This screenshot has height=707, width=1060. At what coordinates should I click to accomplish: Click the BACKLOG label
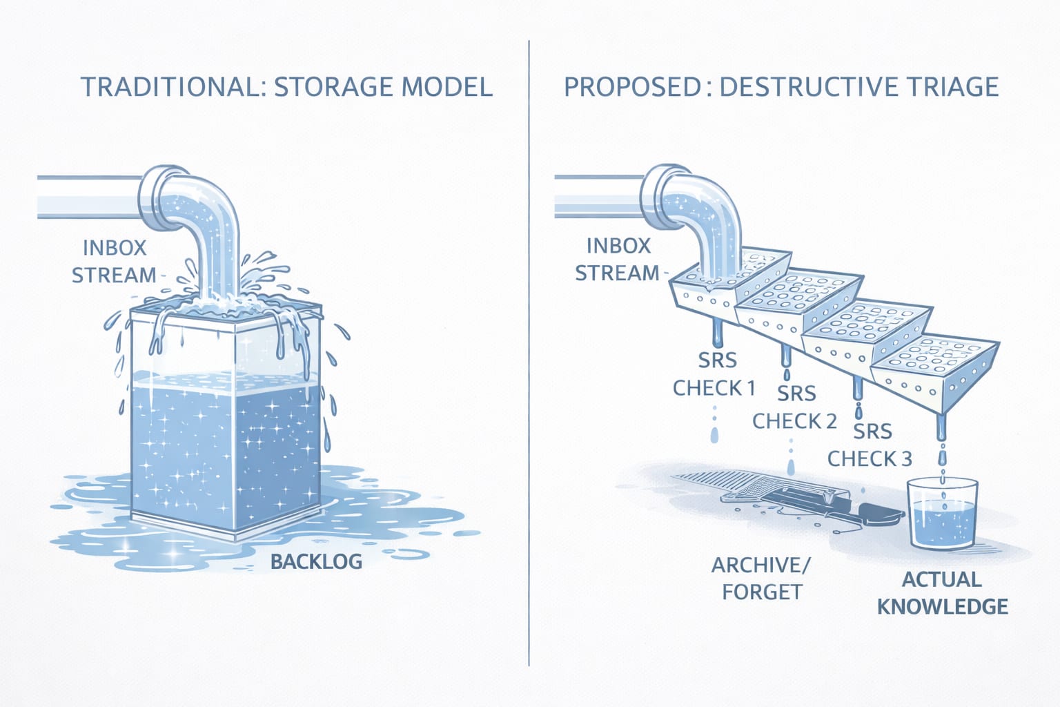316,561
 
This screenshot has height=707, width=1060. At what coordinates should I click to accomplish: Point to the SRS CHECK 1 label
715,374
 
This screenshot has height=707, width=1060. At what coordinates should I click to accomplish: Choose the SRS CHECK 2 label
795,407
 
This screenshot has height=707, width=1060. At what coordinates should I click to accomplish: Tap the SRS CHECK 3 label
870,445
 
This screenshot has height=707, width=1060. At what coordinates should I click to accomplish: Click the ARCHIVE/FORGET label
760,579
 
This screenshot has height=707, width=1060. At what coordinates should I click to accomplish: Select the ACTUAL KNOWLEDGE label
942,592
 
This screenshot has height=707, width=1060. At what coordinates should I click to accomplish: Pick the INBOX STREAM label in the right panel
617,260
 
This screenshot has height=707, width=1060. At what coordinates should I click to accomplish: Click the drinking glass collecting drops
943,514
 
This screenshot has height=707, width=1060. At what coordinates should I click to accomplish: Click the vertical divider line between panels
529,352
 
